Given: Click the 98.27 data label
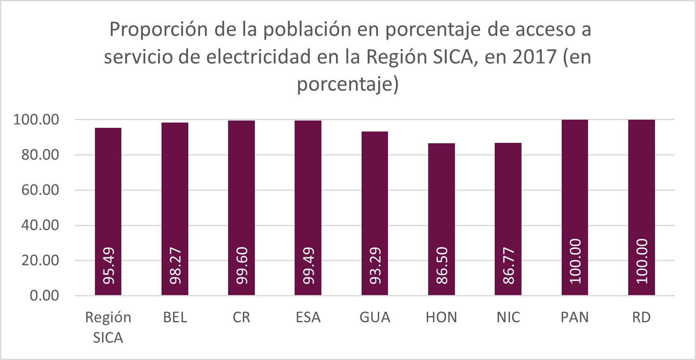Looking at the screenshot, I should [x=175, y=266].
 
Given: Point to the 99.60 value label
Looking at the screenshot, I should [x=242, y=266].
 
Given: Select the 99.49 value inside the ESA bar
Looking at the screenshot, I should [x=308, y=266].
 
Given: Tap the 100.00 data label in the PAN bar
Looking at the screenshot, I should [x=575, y=261].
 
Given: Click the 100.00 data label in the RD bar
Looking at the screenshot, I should [x=641, y=261].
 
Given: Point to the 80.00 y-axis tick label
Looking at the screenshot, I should [x=40, y=155].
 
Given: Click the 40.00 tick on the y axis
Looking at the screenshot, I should [x=40, y=225].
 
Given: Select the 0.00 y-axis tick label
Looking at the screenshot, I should [x=44, y=295].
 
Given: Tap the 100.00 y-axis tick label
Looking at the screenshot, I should [x=36, y=119].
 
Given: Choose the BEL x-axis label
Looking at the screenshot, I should [x=175, y=317].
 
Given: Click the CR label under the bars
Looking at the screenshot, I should [x=241, y=317].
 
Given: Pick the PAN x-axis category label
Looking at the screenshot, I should [x=575, y=317].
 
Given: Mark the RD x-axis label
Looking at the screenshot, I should [x=641, y=317].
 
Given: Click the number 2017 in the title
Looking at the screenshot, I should [x=534, y=57].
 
